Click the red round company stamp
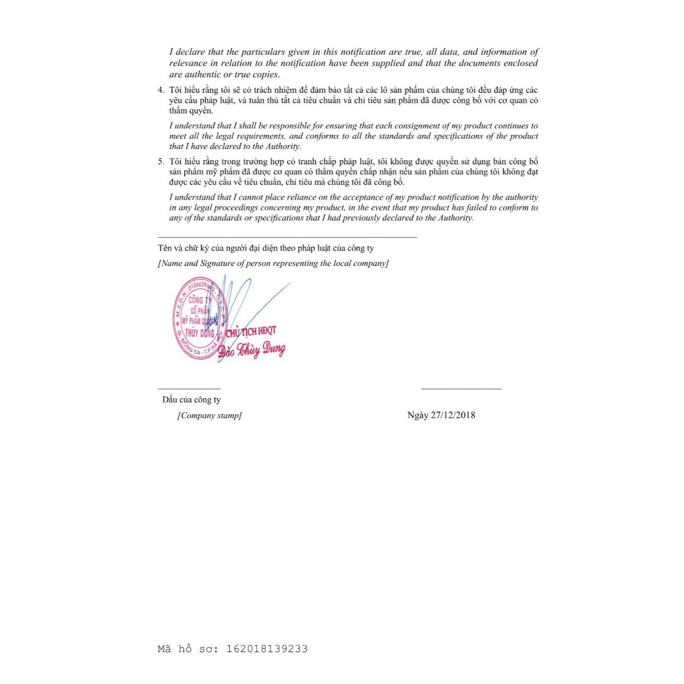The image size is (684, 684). pos(200,319)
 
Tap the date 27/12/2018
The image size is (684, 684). pos(454,415)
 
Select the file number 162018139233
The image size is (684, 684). pos(267,649)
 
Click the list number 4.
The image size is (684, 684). pos(160,90)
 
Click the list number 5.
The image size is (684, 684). pos(160,162)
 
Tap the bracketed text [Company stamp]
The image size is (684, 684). pos(210,415)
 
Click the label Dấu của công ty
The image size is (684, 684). pos(191,400)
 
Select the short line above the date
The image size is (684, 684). pos(461,388)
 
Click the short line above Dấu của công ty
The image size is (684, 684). pos(189,388)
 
